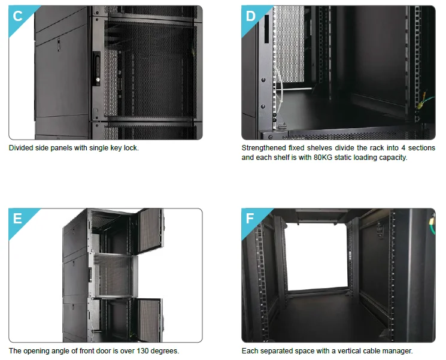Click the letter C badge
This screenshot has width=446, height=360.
[x=18, y=16]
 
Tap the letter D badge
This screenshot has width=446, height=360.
[x=251, y=16]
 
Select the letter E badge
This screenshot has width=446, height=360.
[x=18, y=219]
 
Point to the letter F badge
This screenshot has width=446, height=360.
[x=251, y=219]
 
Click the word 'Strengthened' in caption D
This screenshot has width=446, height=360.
[x=264, y=148]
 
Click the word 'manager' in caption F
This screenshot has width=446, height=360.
[x=398, y=351]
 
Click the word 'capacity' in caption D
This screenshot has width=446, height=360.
[x=393, y=158]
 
